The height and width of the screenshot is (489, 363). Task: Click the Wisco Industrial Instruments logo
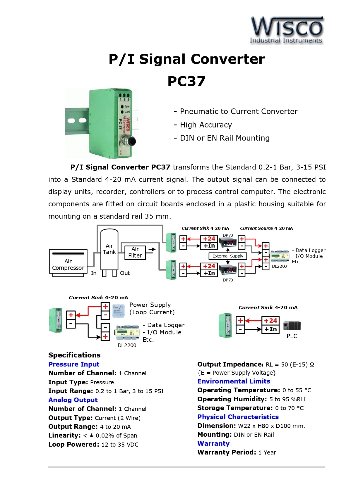[x=286, y=30]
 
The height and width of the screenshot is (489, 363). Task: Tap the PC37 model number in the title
[x=186, y=81]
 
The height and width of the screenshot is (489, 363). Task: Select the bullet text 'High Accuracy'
[x=206, y=125]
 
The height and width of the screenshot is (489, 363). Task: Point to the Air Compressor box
[x=68, y=262]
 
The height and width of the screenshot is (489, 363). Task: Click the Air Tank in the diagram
[x=109, y=249]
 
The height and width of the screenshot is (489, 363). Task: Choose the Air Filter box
[x=135, y=252]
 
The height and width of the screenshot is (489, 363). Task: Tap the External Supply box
[x=228, y=256]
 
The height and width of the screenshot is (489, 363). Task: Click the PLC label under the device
[x=292, y=336]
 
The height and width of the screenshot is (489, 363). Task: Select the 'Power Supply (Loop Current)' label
[x=152, y=308]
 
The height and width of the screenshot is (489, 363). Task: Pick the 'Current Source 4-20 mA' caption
[x=266, y=228]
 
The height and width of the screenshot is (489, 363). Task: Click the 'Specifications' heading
[x=74, y=355]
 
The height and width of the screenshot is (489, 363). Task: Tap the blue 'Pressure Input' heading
[x=74, y=364]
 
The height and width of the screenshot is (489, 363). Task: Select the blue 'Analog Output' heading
[x=73, y=400]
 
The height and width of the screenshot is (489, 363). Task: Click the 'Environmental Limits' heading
[x=234, y=381]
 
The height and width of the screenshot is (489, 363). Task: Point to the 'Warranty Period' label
[x=227, y=452]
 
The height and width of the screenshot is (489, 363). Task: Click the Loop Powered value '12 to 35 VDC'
[x=120, y=445]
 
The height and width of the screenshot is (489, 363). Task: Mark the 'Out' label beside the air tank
[x=125, y=273]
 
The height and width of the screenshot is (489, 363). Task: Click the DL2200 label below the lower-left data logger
[x=127, y=345]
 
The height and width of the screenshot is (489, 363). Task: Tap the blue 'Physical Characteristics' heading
[x=238, y=417]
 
